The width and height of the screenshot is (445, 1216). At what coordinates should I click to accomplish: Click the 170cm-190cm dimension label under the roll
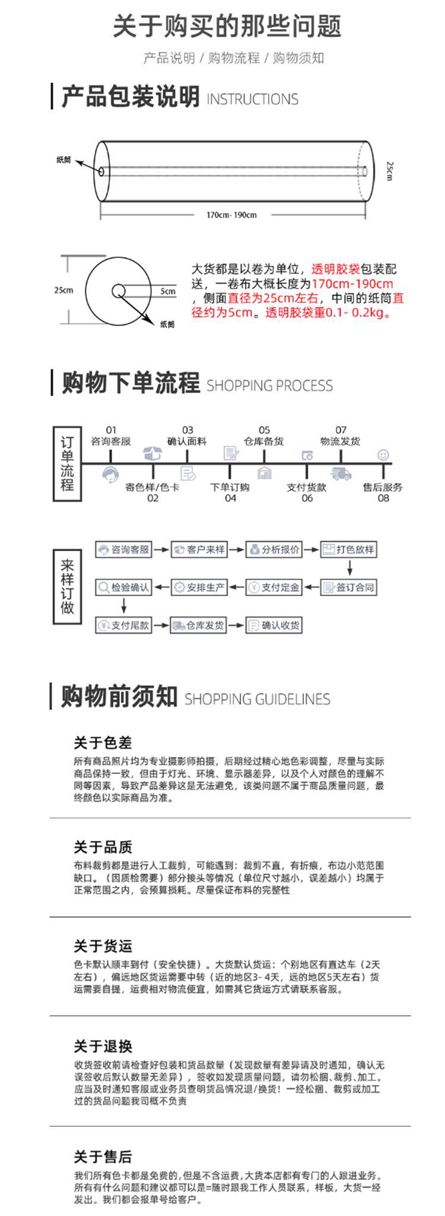point(231,215)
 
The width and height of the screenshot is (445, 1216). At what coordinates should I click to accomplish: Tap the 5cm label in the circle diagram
point(168,292)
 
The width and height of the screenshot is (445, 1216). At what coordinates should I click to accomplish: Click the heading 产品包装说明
point(131,97)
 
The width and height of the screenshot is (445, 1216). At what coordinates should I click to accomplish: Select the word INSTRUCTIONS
point(252,99)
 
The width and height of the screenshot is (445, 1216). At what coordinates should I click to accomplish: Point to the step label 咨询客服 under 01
point(111,441)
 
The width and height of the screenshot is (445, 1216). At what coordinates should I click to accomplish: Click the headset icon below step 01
point(110,474)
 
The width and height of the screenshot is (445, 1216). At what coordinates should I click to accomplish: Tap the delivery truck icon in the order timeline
point(341,474)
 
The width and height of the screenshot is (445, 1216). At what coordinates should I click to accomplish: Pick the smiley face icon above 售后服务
point(383,455)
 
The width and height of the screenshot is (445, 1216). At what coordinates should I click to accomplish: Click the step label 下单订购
point(230,487)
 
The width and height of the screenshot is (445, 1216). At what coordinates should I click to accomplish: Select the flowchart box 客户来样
point(199,550)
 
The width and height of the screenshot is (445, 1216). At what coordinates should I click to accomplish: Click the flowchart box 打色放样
point(349,550)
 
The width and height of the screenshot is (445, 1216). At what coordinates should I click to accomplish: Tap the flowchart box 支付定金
point(274,587)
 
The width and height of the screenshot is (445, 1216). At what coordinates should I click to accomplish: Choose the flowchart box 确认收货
point(274,625)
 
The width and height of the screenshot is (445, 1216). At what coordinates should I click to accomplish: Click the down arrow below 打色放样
point(350,568)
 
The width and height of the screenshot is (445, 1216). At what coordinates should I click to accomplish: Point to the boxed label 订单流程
point(67,464)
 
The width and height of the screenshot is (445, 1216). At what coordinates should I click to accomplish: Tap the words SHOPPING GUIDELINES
point(258,699)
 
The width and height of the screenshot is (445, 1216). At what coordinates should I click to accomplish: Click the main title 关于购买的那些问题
point(227,27)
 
